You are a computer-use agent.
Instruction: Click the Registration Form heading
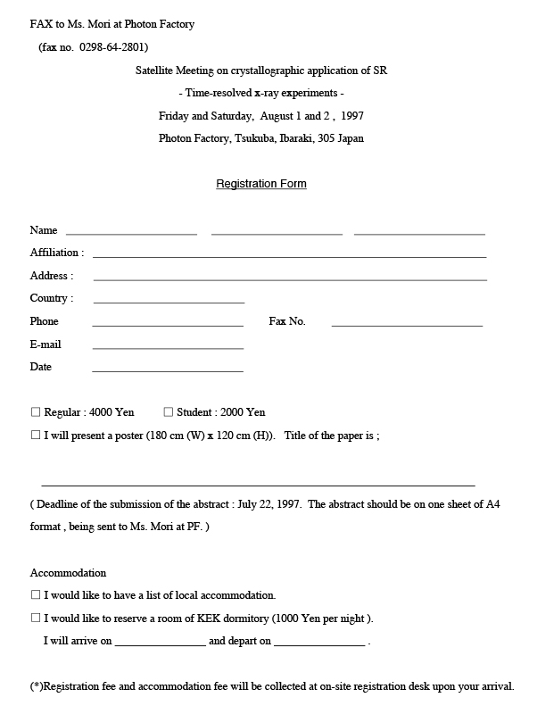coord(261,184)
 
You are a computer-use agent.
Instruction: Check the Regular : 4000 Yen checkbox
coord(36,412)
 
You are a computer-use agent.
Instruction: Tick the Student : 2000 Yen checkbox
coord(168,412)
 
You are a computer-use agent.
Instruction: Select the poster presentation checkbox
coord(36,436)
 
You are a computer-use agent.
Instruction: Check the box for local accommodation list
coord(36,594)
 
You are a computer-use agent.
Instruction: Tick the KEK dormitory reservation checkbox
coord(36,618)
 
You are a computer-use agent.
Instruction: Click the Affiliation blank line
coord(289,256)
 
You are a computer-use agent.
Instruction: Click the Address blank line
coord(289,279)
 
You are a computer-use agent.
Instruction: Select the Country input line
coord(169,302)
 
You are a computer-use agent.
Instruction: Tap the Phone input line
coord(168,325)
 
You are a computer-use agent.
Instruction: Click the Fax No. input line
coord(407,325)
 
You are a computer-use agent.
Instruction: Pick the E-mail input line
coord(168,347)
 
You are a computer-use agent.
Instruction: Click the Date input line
coord(168,370)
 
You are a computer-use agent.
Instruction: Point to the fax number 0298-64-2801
coord(113,47)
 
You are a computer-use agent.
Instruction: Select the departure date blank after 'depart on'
coord(319,643)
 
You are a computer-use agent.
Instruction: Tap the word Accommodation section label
coord(68,573)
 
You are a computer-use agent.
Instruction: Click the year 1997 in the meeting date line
coord(351,116)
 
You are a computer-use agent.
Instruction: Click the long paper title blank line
coord(258,483)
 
